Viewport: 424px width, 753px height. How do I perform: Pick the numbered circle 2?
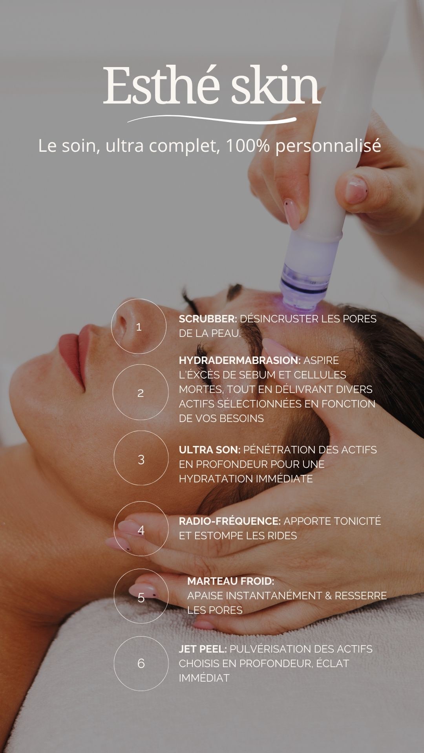tap(113, 392)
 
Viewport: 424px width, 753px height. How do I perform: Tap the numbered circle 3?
tap(114, 458)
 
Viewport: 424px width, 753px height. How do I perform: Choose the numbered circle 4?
tap(114, 528)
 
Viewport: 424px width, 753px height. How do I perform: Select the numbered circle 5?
tap(114, 596)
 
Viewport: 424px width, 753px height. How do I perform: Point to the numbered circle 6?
tap(114, 663)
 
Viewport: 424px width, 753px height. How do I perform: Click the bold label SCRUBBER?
tap(208, 319)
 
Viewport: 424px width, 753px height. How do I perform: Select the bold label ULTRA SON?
tap(210, 449)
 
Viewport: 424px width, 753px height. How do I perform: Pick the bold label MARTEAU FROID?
tap(231, 581)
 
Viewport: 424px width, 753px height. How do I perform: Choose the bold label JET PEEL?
tap(203, 649)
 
